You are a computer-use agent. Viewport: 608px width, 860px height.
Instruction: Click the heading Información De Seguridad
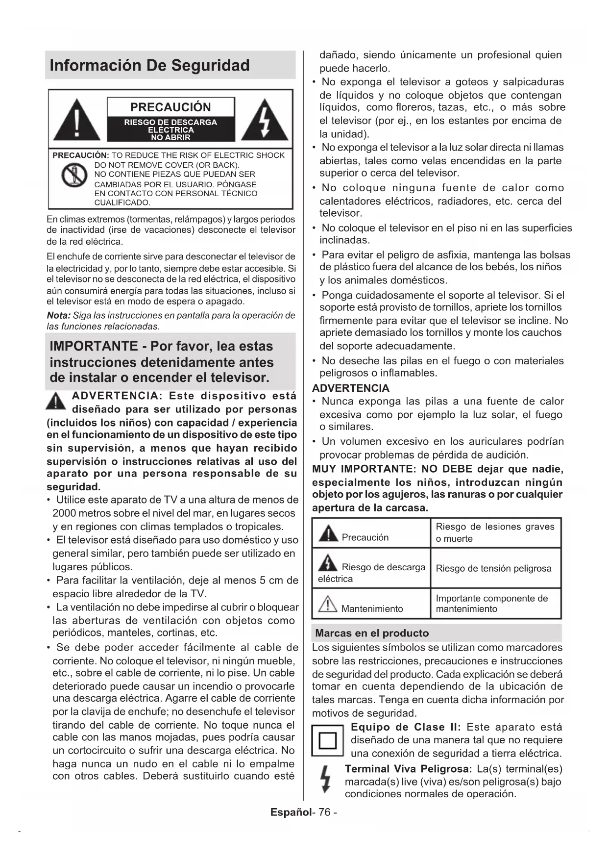[x=149, y=65]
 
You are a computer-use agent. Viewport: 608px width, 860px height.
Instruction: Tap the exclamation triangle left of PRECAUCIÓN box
[x=76, y=121]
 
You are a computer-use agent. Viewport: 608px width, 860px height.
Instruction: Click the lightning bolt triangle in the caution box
[x=265, y=121]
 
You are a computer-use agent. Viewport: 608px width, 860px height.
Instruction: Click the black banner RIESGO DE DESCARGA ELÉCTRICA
[x=170, y=130]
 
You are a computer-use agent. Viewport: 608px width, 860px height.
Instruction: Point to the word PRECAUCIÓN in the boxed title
[x=170, y=107]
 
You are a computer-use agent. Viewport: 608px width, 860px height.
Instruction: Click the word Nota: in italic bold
[x=58, y=315]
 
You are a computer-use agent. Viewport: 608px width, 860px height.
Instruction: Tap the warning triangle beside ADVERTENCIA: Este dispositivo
[x=57, y=400]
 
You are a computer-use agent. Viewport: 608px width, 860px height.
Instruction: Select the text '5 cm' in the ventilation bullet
[x=271, y=581]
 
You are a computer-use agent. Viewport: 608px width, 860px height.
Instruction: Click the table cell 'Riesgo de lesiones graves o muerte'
[x=495, y=532]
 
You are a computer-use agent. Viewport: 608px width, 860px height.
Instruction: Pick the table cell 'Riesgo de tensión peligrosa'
[x=493, y=568]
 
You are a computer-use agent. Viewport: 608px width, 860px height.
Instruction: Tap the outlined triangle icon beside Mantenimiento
[x=327, y=605]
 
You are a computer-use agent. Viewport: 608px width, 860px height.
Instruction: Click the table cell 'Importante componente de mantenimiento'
[x=492, y=604]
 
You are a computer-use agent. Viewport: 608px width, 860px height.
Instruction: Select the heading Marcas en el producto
[x=372, y=633]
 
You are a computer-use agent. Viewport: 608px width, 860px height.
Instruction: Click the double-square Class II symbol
[x=328, y=740]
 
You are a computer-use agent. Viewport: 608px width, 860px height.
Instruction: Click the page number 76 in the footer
[x=325, y=812]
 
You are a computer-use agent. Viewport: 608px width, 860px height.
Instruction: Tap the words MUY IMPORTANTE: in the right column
[x=364, y=469]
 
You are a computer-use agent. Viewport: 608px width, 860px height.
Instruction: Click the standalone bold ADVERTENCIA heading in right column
[x=351, y=388]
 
